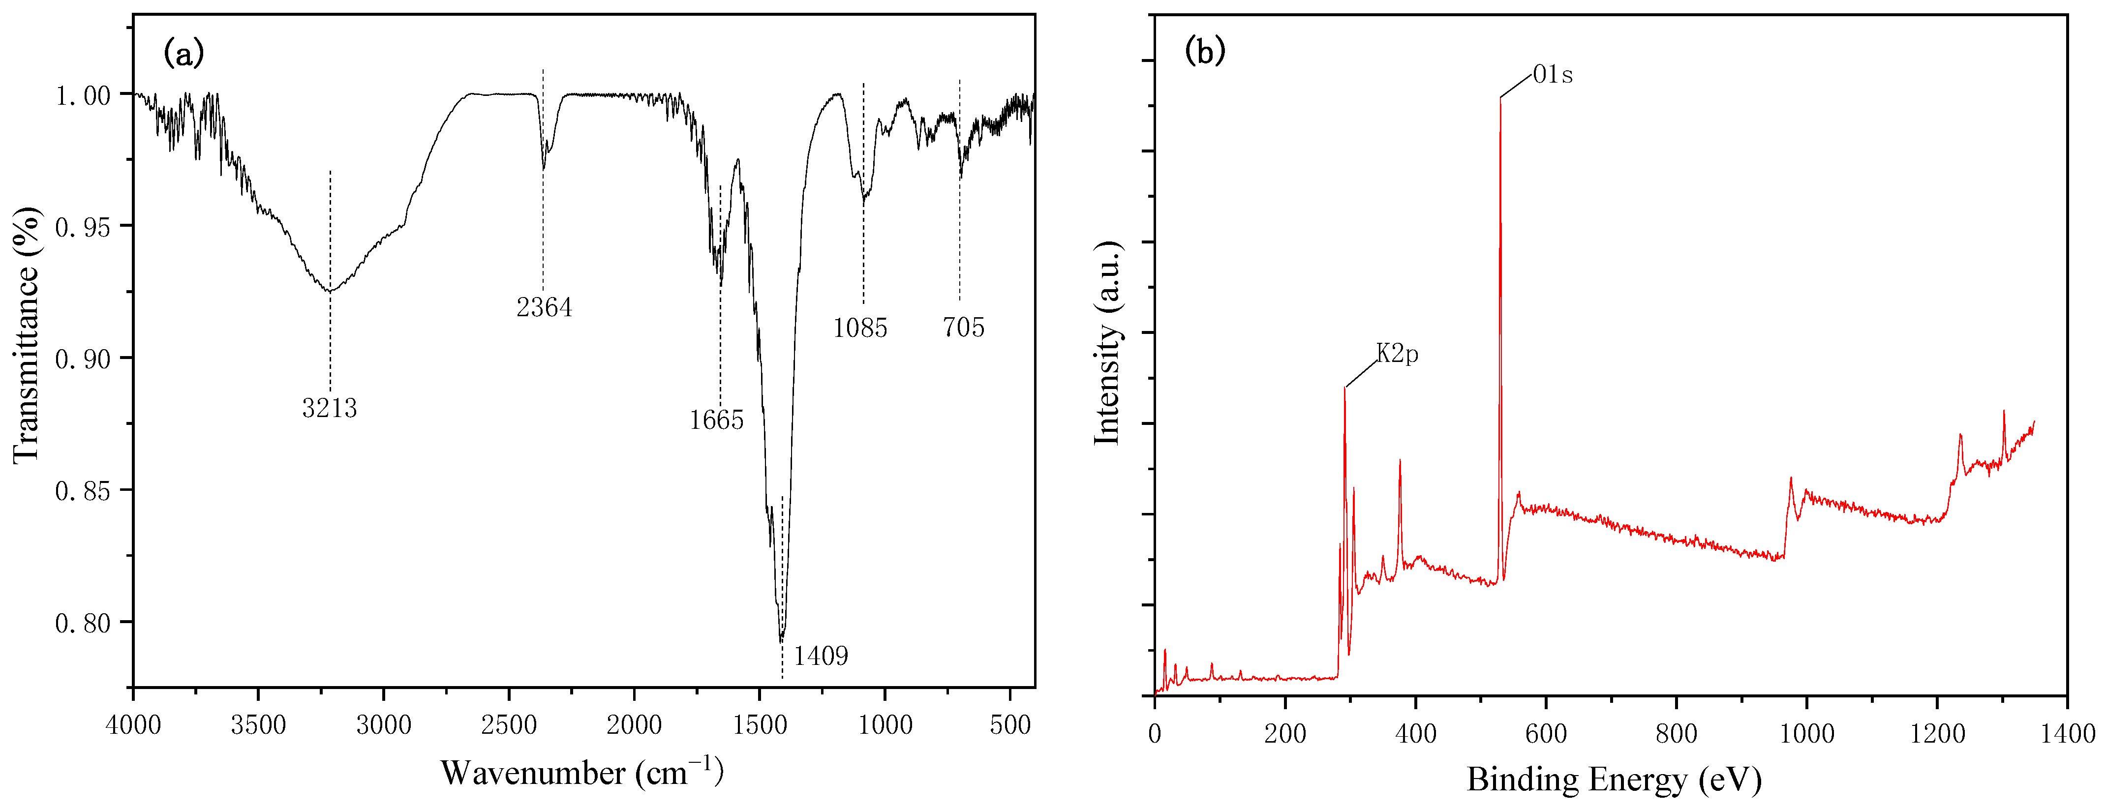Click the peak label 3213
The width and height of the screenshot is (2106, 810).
(x=330, y=407)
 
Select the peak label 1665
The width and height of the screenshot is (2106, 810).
(x=716, y=420)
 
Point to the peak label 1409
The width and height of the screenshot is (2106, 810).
(x=821, y=656)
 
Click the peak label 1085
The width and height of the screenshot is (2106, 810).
(x=860, y=328)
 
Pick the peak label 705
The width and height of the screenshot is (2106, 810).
(x=963, y=328)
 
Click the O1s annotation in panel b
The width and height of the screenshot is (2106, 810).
(x=1552, y=75)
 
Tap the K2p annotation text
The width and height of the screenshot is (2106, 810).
(x=1397, y=354)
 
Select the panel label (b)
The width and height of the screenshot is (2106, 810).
(x=1205, y=52)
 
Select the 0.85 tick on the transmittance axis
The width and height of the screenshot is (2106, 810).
(x=82, y=491)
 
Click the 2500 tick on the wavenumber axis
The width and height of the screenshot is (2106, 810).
(x=509, y=725)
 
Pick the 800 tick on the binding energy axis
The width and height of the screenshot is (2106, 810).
(x=1676, y=733)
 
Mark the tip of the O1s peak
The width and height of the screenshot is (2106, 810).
(x=1500, y=98)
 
